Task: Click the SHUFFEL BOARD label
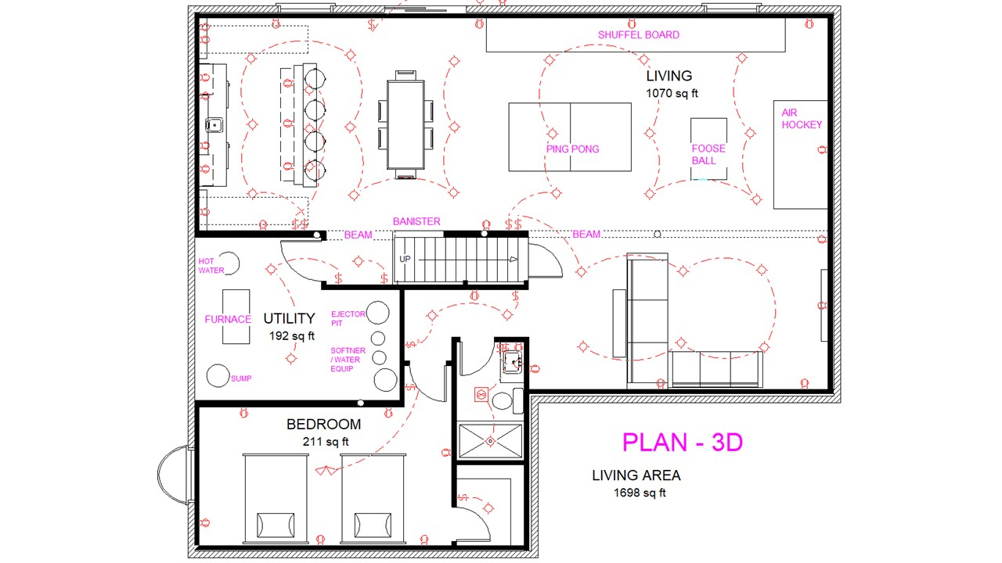tap(638, 35)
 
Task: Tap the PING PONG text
tap(572, 149)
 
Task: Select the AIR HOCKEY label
tap(802, 119)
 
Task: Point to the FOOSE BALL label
tap(708, 155)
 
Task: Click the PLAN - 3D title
tap(683, 443)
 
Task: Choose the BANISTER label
tap(416, 221)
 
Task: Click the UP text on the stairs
tap(405, 259)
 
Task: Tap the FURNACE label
tap(228, 320)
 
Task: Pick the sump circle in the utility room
tap(218, 376)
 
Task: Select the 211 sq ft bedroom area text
tap(326, 442)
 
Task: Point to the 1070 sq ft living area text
tap(672, 93)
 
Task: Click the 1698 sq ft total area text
tap(640, 493)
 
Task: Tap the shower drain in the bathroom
tap(491, 441)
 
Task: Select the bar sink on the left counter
tap(214, 124)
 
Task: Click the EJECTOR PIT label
tap(348, 318)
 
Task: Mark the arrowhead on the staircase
tap(514, 260)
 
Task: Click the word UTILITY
tap(289, 318)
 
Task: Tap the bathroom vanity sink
tap(511, 361)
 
